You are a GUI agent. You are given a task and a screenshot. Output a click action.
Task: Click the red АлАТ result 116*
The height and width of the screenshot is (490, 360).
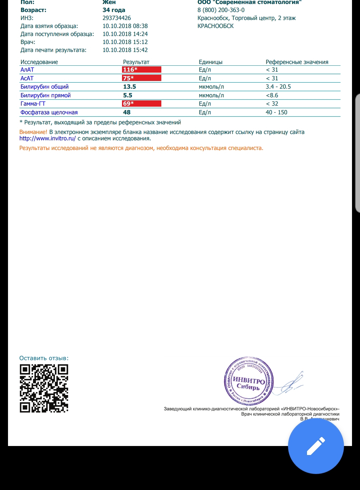[x=130, y=70]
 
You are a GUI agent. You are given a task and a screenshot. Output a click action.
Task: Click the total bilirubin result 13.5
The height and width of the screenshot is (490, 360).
[x=130, y=87]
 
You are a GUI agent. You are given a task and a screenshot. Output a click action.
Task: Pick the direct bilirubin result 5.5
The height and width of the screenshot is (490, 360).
[x=128, y=95]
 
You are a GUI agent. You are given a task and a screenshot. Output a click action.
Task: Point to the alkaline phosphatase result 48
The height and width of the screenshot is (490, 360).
[x=127, y=112]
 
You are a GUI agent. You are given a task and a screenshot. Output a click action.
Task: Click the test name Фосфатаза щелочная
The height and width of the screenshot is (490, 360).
[x=49, y=112]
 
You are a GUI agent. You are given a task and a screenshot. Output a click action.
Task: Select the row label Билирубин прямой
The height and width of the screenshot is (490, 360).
[x=46, y=95]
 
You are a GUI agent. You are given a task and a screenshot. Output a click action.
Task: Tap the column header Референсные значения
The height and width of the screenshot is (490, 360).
[x=297, y=62]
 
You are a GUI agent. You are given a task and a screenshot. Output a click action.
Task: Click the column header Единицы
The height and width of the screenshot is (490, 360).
[x=210, y=62]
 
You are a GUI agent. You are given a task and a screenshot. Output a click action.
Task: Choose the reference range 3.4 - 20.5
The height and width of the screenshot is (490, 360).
[x=278, y=87]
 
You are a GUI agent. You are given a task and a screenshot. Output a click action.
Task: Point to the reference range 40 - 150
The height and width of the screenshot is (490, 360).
[x=276, y=112]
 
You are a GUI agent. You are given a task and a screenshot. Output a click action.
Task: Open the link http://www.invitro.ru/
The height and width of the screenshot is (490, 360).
[x=48, y=138]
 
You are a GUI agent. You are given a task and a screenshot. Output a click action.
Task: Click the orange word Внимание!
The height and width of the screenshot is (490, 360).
[x=33, y=132]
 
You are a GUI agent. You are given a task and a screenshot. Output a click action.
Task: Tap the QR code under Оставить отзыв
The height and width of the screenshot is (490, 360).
[x=44, y=388]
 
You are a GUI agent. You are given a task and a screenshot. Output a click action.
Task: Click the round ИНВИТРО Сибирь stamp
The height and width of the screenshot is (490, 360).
[x=249, y=381]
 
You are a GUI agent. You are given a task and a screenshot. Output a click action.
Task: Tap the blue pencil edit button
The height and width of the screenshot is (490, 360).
[x=316, y=446]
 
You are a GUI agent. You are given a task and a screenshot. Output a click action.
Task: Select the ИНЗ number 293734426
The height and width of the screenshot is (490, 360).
[x=117, y=18]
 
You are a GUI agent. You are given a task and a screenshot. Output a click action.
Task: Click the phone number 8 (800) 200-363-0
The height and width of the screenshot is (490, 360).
[x=221, y=10]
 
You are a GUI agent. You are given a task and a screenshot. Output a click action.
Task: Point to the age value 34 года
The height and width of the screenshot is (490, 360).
[x=114, y=10]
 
